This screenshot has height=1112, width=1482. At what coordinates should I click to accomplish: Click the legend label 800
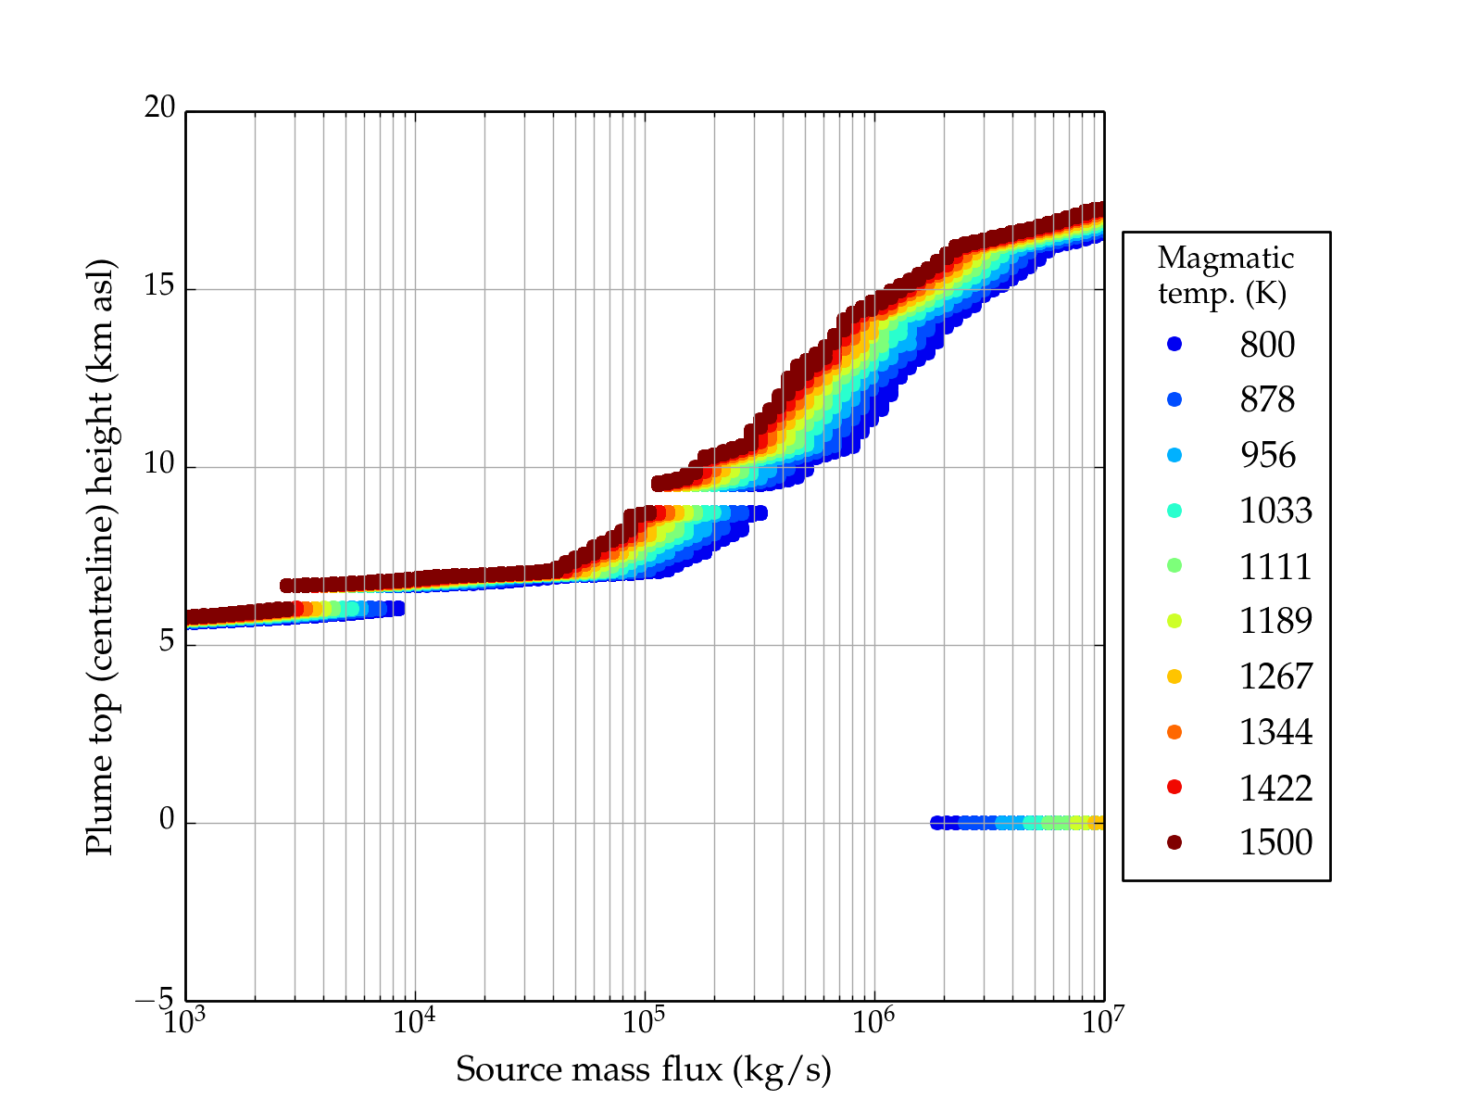click(1267, 345)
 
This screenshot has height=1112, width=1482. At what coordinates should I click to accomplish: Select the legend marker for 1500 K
click(1174, 841)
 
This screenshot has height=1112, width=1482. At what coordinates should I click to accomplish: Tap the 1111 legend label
click(1275, 566)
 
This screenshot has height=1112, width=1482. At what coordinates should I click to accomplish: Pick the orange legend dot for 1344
click(1174, 732)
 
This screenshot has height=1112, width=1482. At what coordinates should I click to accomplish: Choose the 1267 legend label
click(1275, 676)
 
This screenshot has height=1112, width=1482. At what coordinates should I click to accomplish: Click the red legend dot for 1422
click(1174, 787)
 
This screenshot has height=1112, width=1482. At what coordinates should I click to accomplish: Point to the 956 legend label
click(1267, 455)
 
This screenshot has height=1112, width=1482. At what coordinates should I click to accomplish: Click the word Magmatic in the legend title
click(1225, 258)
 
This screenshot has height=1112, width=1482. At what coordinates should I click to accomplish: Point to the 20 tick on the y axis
click(159, 108)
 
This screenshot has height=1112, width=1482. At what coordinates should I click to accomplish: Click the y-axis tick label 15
click(159, 286)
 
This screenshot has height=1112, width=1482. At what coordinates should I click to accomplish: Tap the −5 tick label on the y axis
click(155, 999)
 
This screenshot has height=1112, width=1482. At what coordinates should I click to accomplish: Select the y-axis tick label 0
click(167, 820)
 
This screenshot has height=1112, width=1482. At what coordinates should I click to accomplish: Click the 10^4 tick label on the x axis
click(414, 1021)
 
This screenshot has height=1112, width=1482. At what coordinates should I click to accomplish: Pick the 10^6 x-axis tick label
click(873, 1021)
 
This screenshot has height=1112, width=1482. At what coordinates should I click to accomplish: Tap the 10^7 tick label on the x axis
click(1103, 1021)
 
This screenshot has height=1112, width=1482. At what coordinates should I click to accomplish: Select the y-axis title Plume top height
click(99, 556)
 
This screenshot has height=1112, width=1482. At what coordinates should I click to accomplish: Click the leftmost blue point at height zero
click(937, 823)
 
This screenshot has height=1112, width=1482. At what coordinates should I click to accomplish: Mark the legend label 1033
click(1275, 511)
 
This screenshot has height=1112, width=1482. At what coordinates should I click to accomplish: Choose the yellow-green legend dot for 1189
click(1174, 621)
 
